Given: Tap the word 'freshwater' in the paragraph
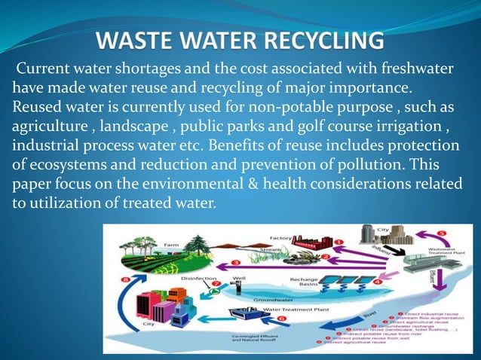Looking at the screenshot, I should [x=410, y=69].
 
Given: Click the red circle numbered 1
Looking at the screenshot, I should [x=339, y=243].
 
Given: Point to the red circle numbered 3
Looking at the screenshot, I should [x=235, y=262].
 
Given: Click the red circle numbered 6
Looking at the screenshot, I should [x=280, y=319].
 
